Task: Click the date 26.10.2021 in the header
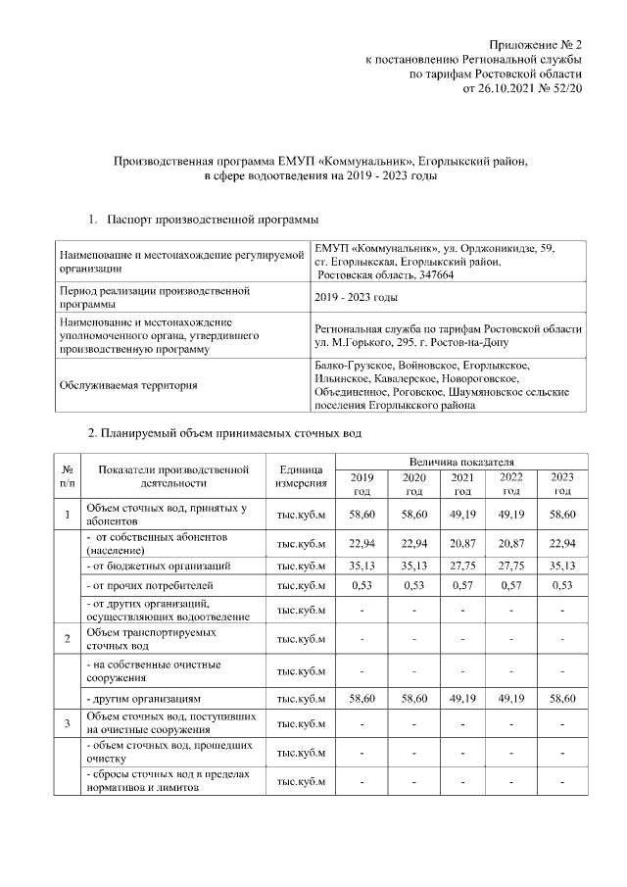click(x=509, y=89)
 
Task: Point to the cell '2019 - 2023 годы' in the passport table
click(x=356, y=298)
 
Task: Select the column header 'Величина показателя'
click(x=461, y=461)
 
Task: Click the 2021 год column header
click(x=462, y=483)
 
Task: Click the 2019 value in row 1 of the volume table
click(x=363, y=514)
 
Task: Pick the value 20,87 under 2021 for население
click(x=462, y=544)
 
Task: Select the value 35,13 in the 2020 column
click(x=413, y=566)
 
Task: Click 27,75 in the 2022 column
click(x=511, y=566)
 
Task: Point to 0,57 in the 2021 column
click(x=462, y=586)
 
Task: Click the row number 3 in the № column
click(x=67, y=724)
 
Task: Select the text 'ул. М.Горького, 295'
click(x=368, y=344)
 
